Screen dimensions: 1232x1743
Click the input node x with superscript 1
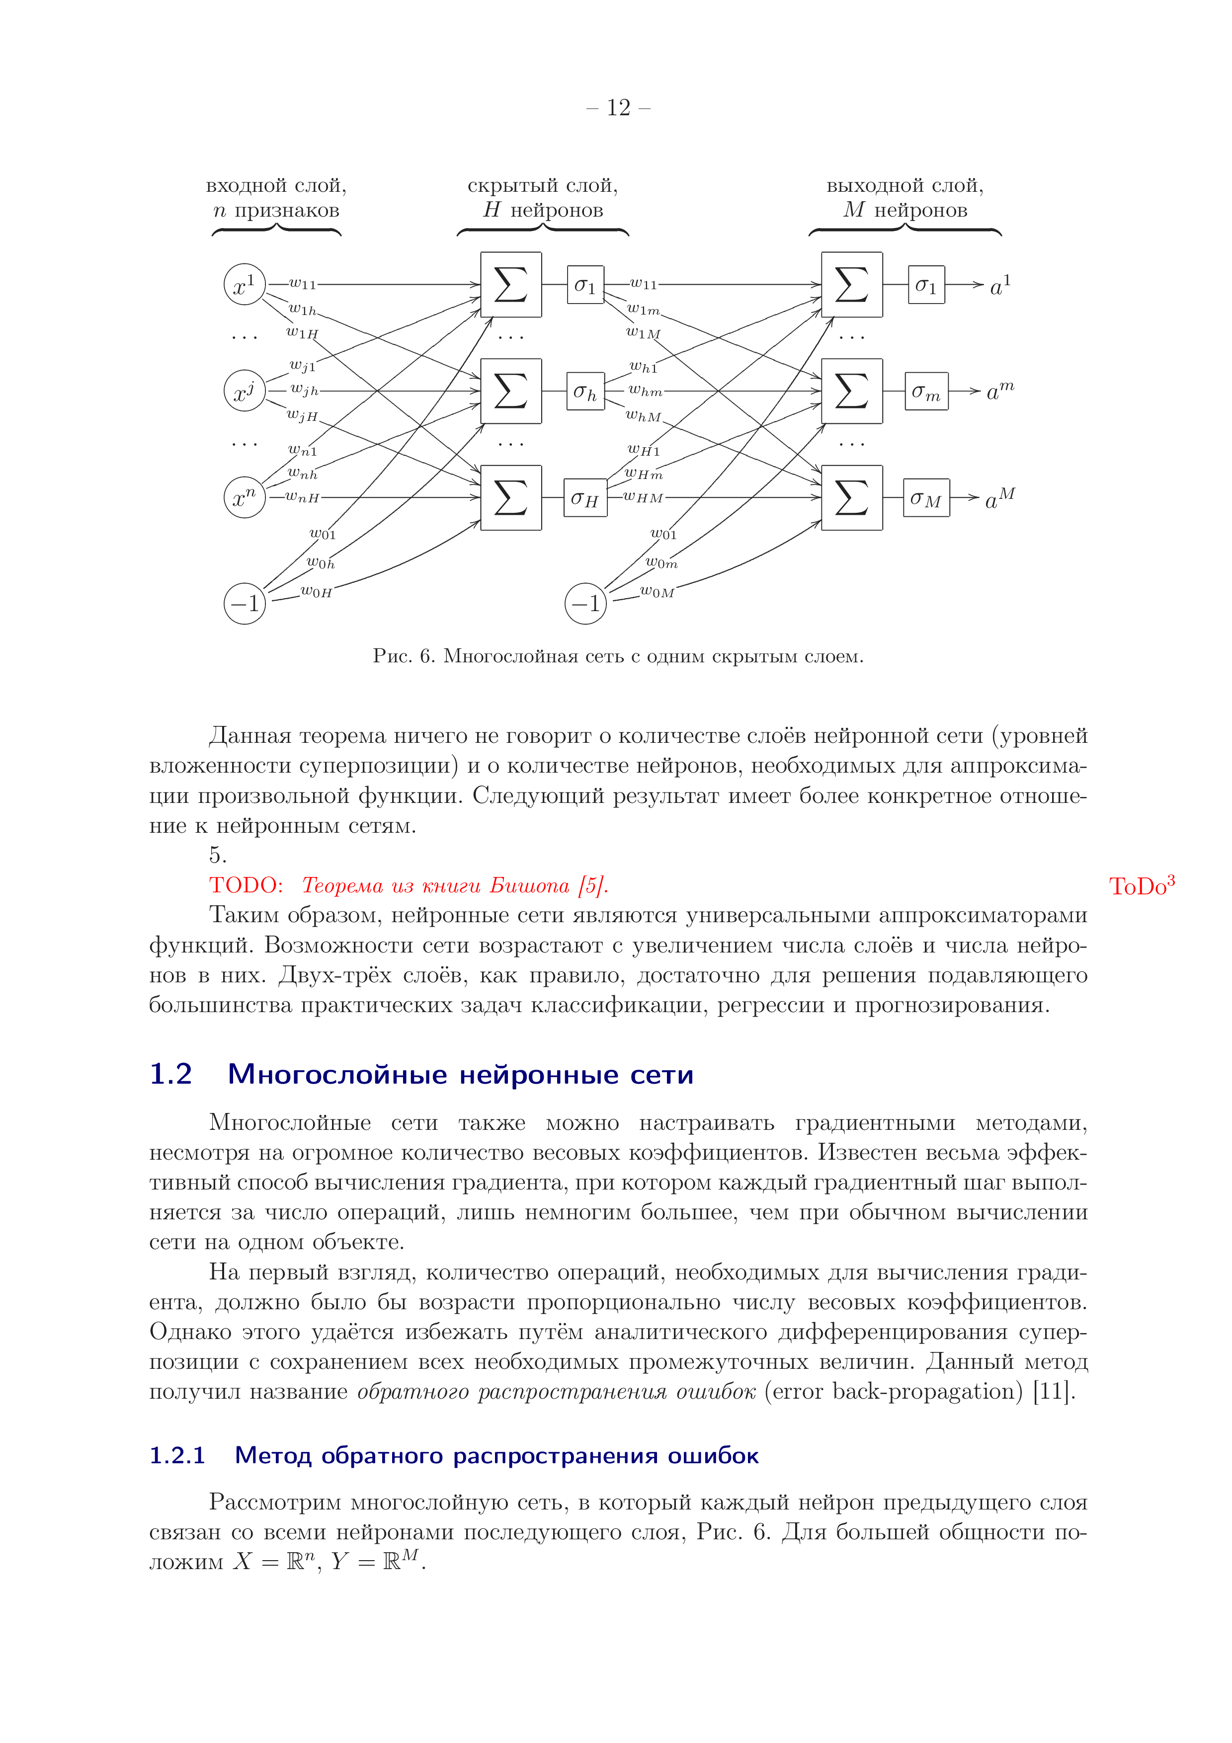point(245,285)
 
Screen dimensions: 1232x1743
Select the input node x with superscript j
point(245,391)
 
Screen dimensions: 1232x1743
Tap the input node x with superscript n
point(245,497)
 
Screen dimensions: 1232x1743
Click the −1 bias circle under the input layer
point(245,604)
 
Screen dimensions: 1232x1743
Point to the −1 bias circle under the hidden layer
point(585,604)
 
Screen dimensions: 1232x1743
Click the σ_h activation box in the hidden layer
point(585,391)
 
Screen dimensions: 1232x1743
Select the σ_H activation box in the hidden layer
point(585,497)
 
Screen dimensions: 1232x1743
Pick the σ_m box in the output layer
point(926,391)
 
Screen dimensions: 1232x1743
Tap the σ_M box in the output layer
point(926,497)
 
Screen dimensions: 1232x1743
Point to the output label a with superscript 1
point(1000,285)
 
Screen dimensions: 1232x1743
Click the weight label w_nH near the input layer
point(302,498)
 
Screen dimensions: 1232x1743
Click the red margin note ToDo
point(1142,885)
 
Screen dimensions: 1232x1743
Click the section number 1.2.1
point(177,1455)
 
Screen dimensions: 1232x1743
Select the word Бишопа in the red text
point(529,886)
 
